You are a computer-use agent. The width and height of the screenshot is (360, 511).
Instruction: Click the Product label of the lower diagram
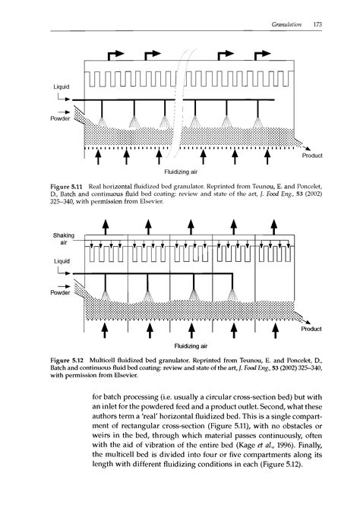[312, 329]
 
